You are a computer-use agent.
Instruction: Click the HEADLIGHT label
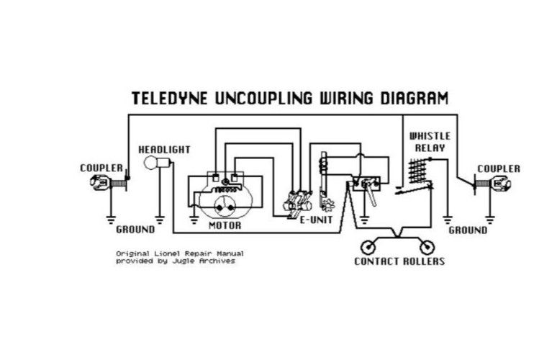[x=164, y=150]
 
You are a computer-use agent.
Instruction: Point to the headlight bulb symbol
[x=151, y=164]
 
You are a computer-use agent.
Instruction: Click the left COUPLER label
[x=101, y=168]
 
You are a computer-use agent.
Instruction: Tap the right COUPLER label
[x=498, y=168]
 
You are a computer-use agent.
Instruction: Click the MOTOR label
[x=225, y=225]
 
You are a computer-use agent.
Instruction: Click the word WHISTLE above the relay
[x=430, y=136]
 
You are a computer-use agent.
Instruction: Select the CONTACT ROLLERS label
[x=399, y=261]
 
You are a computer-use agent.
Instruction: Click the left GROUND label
[x=135, y=230]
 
